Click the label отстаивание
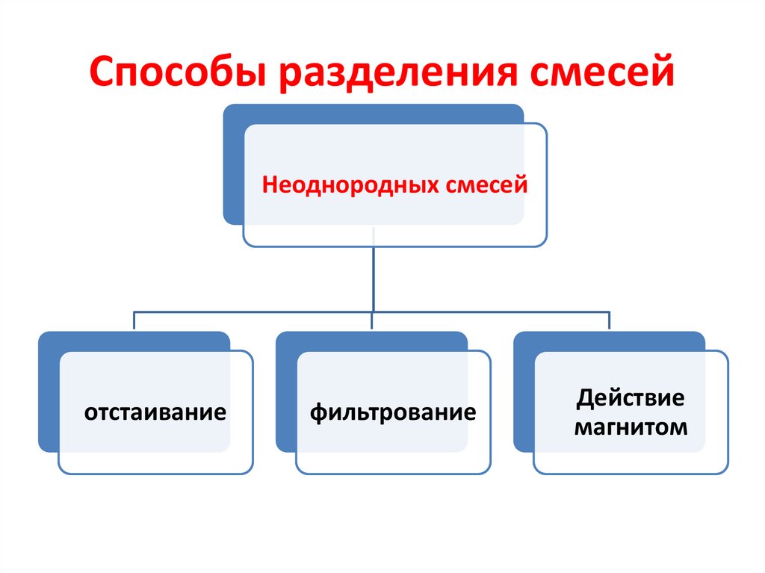[155, 412]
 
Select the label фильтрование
[393, 412]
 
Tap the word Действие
[629, 397]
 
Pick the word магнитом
[629, 427]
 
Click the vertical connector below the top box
[372, 276]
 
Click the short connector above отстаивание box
[134, 320]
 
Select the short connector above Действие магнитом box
[610, 320]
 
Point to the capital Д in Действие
[583, 398]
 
